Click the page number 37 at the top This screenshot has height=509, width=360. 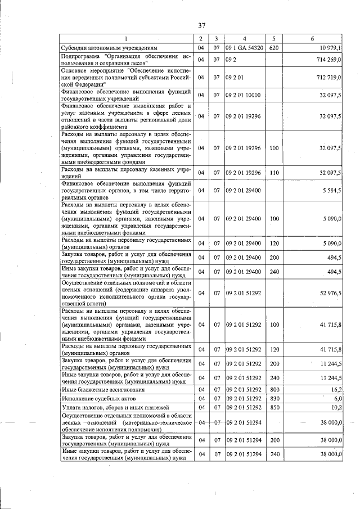pyautogui.click(x=202, y=25)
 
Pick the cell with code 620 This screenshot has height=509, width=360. pyautogui.click(x=274, y=48)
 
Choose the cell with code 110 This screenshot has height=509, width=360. pyautogui.click(x=274, y=173)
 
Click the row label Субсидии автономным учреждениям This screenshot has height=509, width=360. pyautogui.click(x=105, y=48)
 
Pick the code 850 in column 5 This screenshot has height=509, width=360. pyautogui.click(x=274, y=407)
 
